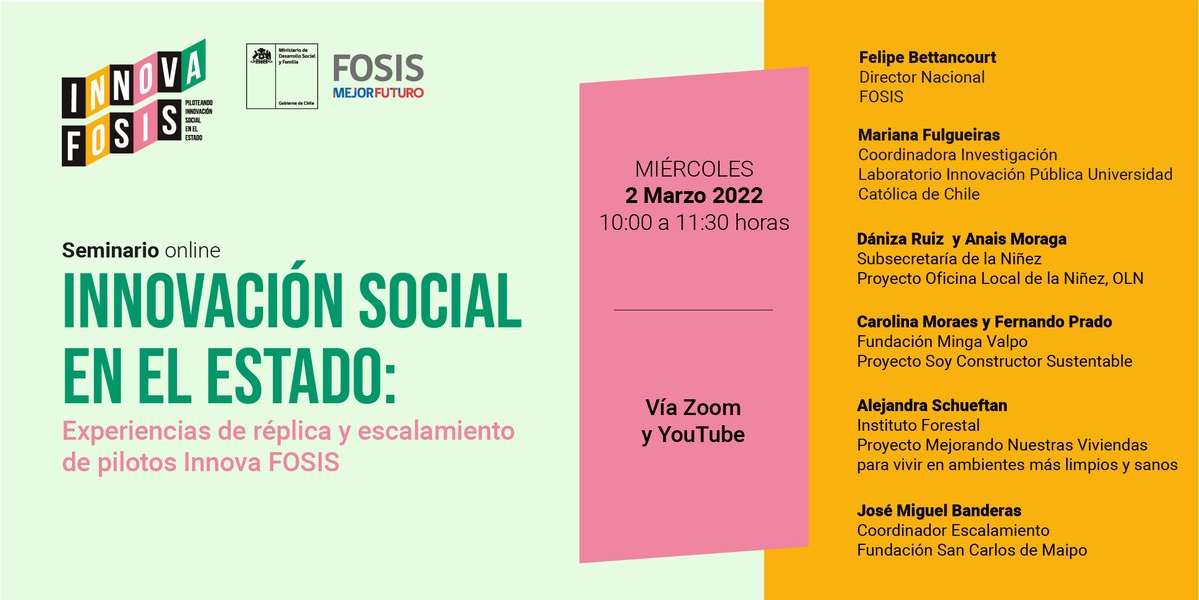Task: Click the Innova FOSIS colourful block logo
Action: click(x=132, y=103)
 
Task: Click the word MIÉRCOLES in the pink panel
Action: click(x=694, y=169)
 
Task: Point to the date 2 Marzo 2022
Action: click(x=694, y=195)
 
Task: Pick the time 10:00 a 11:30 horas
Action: click(x=694, y=222)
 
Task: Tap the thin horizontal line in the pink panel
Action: click(x=693, y=310)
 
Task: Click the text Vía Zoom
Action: click(x=693, y=408)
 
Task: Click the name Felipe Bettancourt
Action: click(x=927, y=57)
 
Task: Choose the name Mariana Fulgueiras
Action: click(x=929, y=135)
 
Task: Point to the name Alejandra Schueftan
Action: click(x=930, y=406)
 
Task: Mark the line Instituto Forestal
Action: click(x=915, y=425)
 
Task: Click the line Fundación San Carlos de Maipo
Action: click(x=971, y=550)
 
